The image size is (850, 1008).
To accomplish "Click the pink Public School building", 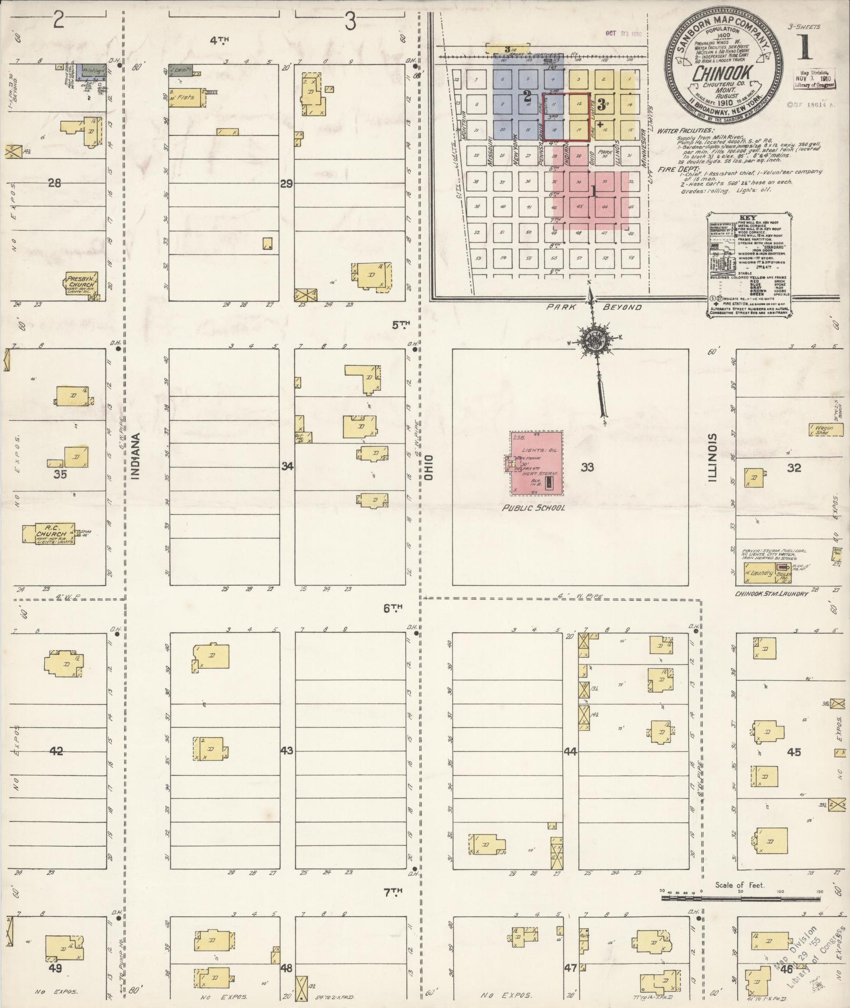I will [x=536, y=463].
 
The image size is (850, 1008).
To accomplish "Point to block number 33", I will [x=588, y=467].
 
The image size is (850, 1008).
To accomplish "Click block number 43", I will [x=287, y=750].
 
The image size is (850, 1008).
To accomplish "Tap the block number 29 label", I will [x=286, y=184].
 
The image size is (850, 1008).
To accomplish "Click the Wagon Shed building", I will [x=825, y=429].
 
